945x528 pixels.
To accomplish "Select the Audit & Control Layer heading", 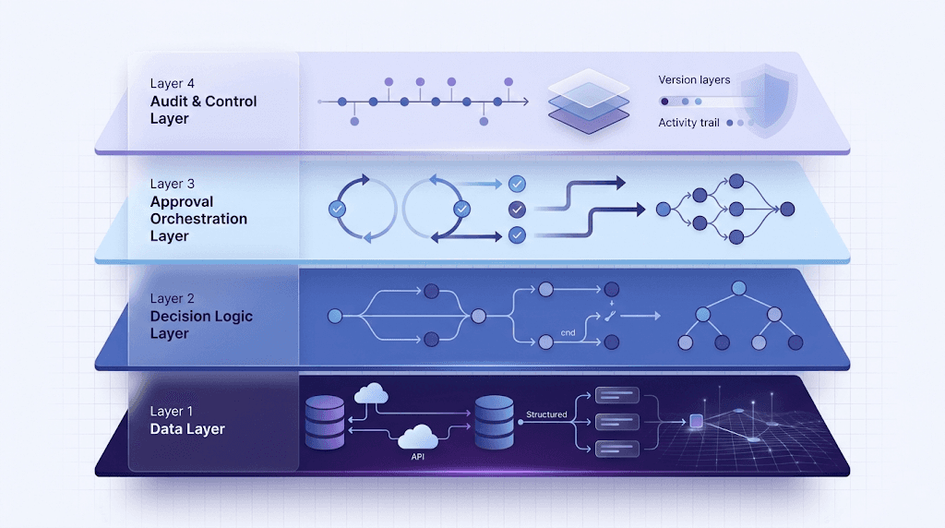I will coord(203,110).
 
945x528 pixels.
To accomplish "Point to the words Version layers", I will coord(694,80).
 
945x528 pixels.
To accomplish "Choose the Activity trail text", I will coord(688,123).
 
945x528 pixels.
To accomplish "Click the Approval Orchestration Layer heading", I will coord(198,219).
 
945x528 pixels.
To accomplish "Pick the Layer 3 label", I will coord(173,184).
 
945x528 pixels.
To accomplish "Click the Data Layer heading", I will coord(187,429).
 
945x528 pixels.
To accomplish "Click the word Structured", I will coord(545,414).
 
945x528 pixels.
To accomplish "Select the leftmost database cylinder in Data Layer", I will coord(324,423).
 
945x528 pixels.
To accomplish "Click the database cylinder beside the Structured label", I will coord(494,423).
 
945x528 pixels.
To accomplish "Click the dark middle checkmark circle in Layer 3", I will coord(517,210).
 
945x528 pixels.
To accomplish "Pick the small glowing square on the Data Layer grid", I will coord(696,422).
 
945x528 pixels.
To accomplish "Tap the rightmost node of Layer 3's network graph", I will coord(787,210).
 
